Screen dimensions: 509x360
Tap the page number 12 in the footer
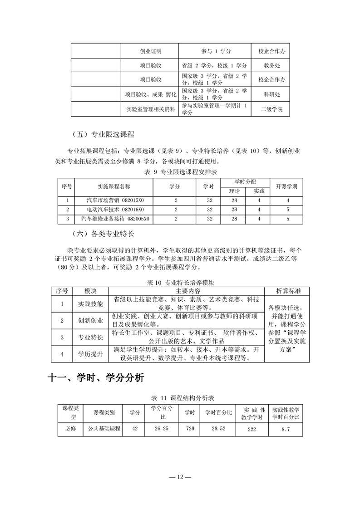[180, 477]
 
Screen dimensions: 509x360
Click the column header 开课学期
[287, 186]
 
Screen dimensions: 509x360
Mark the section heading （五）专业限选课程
[104, 134]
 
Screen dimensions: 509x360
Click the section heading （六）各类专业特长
[104, 235]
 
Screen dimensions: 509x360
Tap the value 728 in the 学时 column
[189, 428]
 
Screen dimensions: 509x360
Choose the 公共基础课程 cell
[104, 428]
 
